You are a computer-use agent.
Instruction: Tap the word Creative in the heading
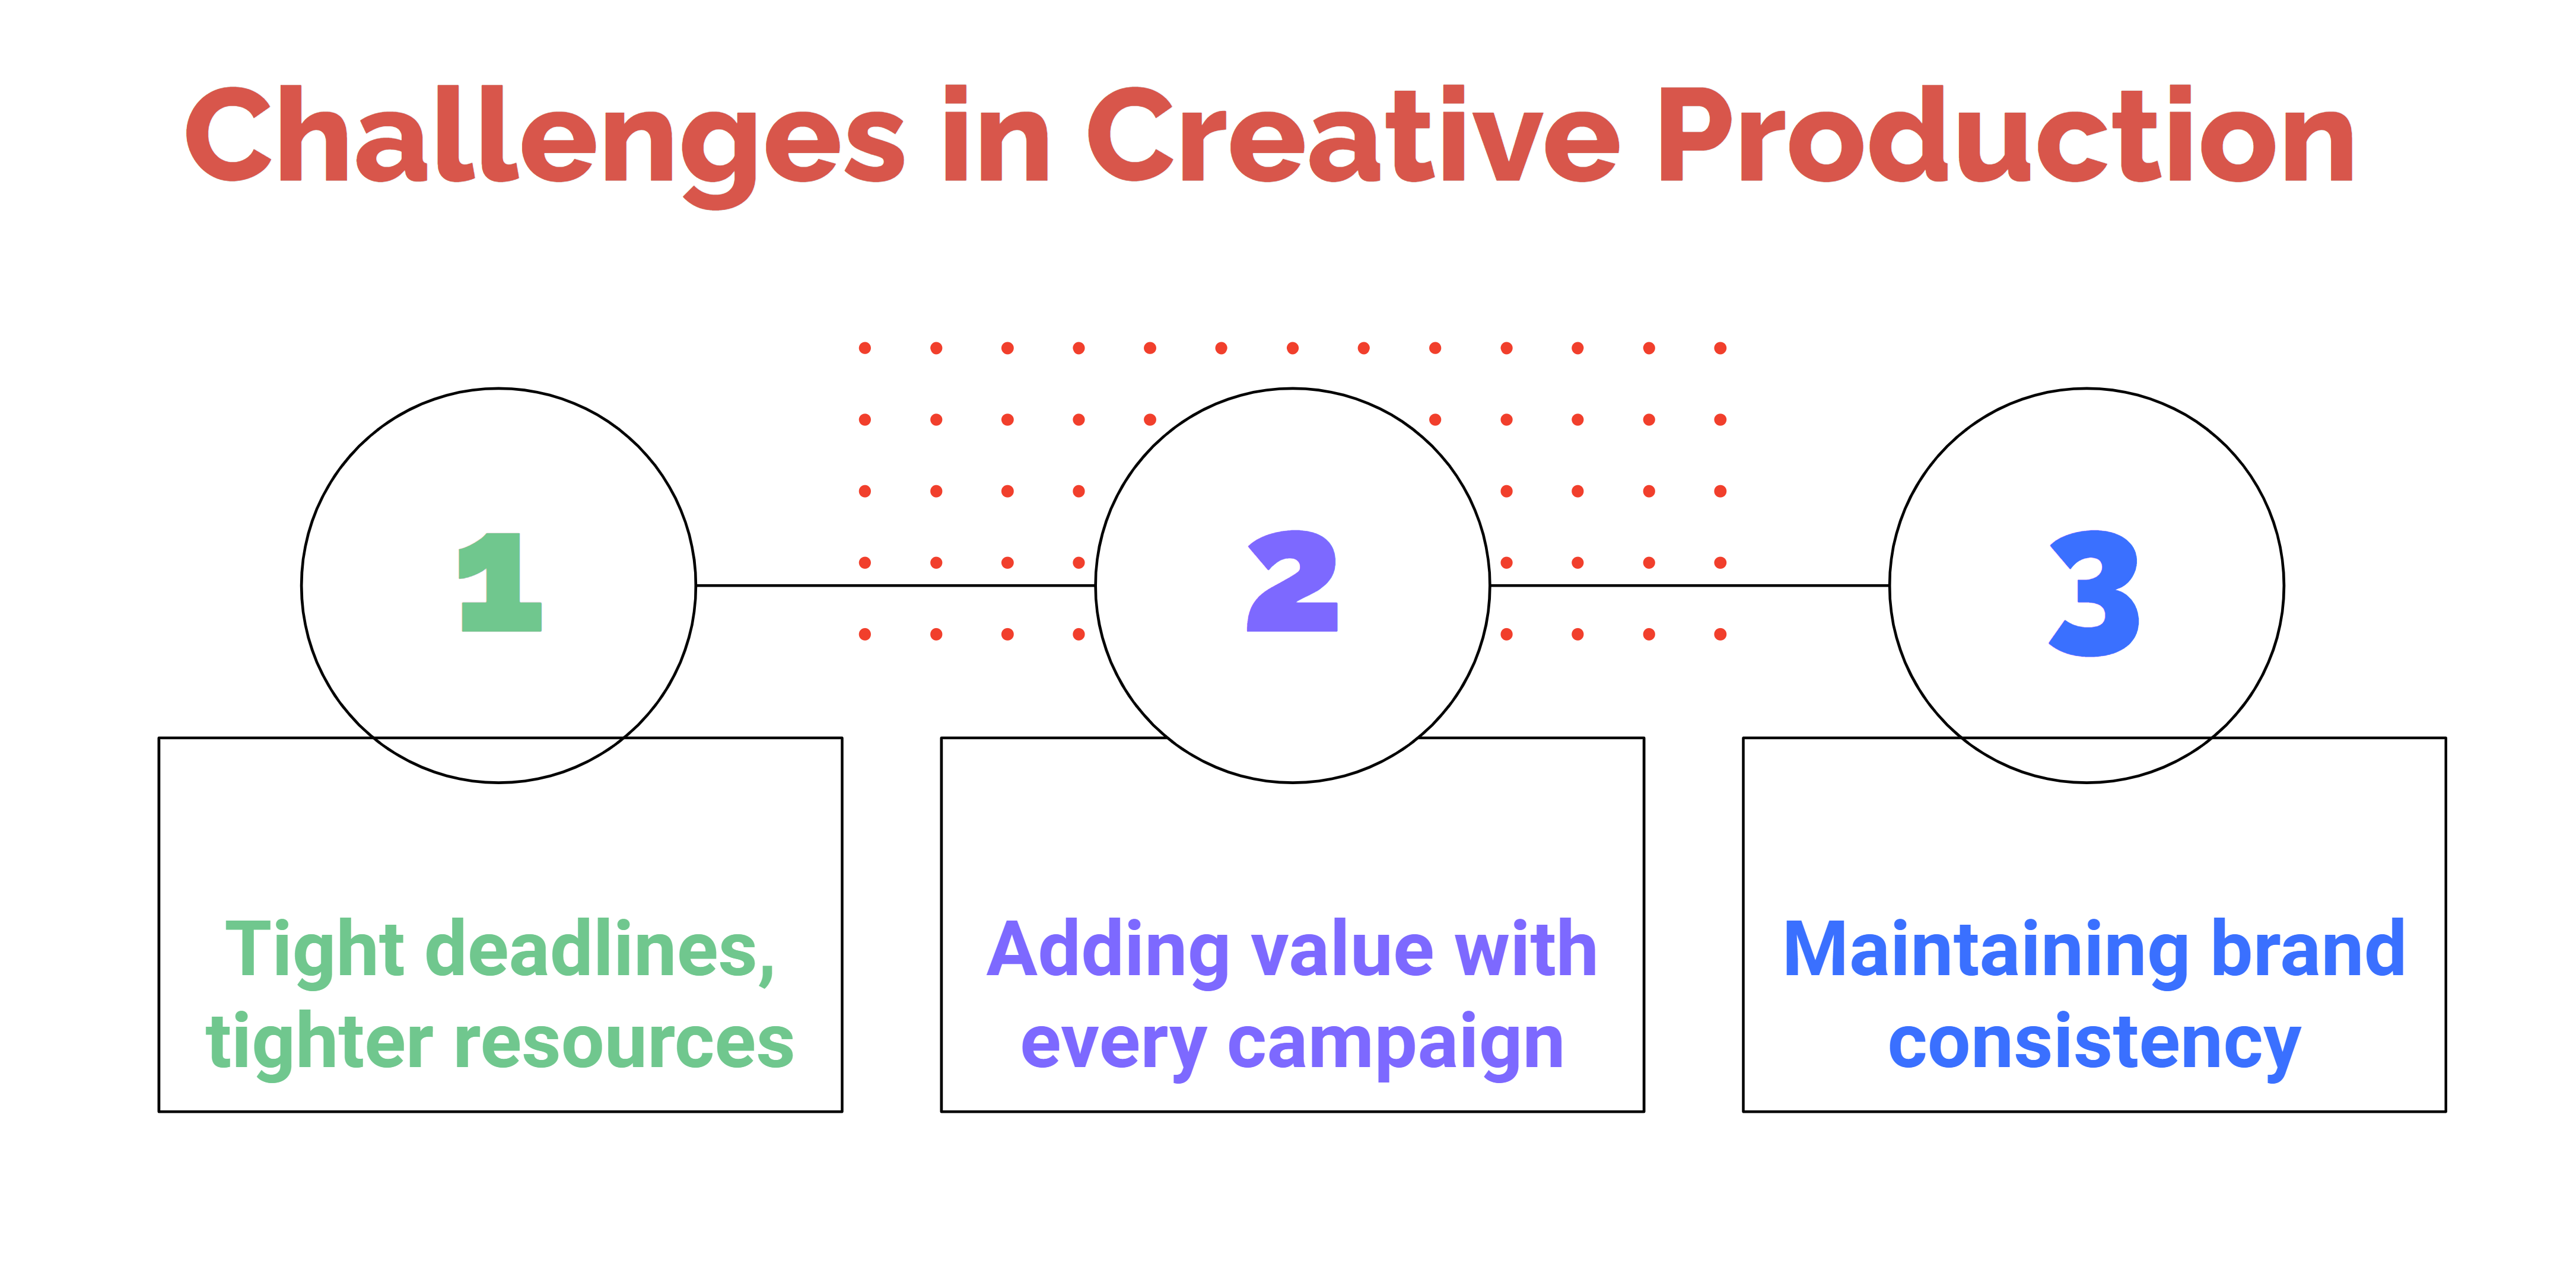1353,138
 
